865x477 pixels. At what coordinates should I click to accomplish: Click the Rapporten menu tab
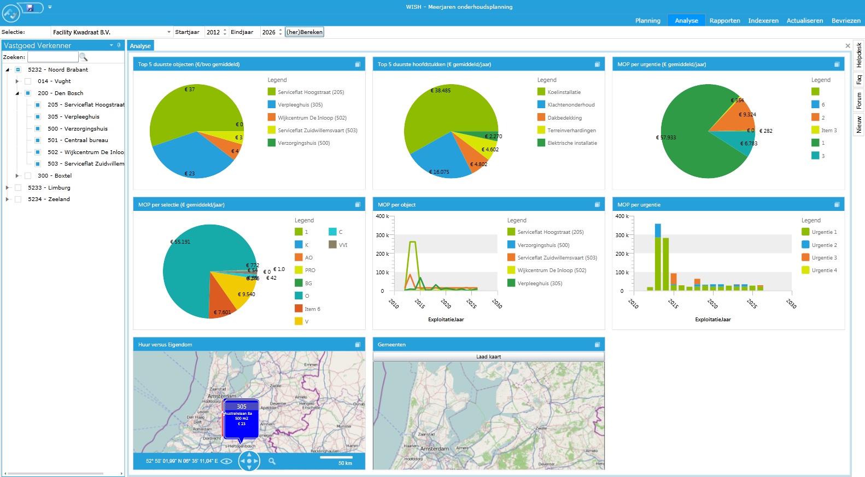pyautogui.click(x=724, y=21)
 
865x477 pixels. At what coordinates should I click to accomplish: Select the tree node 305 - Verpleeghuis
pyautogui.click(x=81, y=117)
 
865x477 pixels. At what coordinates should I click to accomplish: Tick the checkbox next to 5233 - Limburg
pyautogui.click(x=18, y=187)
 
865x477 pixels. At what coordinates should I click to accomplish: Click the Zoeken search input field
pyautogui.click(x=53, y=57)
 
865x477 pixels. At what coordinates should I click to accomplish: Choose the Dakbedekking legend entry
pyautogui.click(x=564, y=118)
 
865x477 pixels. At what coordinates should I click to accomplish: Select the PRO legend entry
pyautogui.click(x=309, y=270)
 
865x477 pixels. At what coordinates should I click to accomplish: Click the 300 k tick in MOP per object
pyautogui.click(x=382, y=235)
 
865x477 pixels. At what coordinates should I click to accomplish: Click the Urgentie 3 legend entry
pyautogui.click(x=823, y=258)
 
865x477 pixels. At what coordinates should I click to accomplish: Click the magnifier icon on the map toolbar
pyautogui.click(x=272, y=462)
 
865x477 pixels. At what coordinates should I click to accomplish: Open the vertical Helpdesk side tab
pyautogui.click(x=858, y=55)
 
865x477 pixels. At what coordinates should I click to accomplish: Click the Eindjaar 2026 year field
pyautogui.click(x=269, y=32)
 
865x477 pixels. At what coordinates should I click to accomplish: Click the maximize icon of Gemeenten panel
pyautogui.click(x=597, y=344)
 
